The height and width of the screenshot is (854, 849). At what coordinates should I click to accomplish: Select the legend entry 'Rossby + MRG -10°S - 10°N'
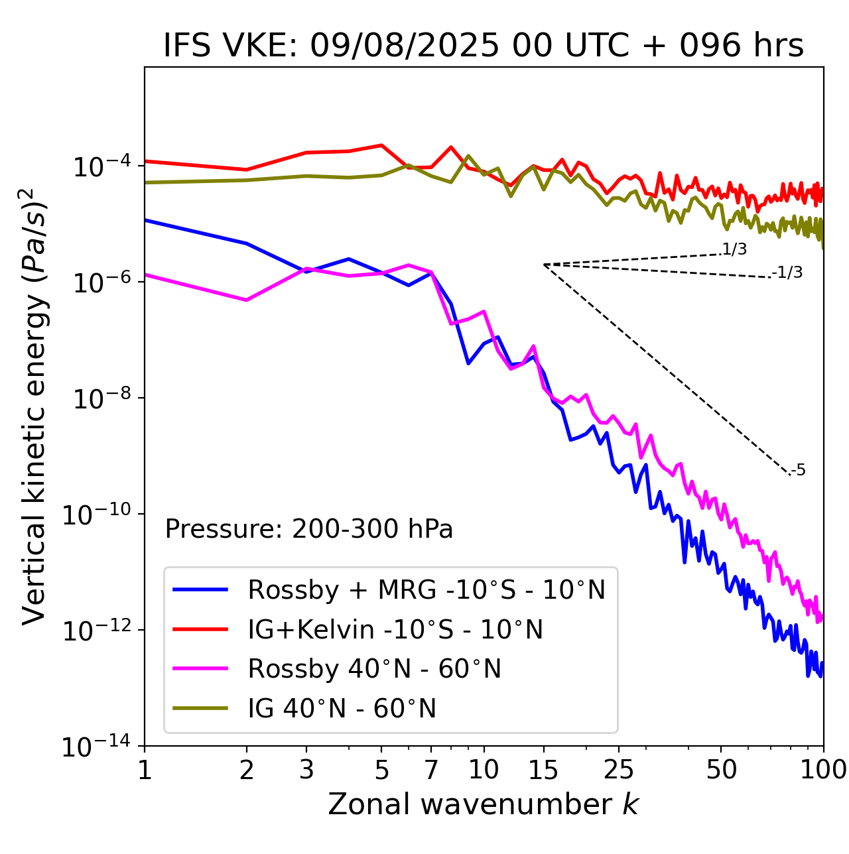[426, 589]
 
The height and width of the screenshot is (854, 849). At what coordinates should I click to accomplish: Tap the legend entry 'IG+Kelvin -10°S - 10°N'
[395, 629]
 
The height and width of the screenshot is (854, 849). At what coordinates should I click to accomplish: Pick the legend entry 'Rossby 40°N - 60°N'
[374, 669]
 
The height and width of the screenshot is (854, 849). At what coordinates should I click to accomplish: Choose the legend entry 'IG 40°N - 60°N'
[342, 709]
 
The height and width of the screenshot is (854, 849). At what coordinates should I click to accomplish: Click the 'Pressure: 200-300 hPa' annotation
[309, 529]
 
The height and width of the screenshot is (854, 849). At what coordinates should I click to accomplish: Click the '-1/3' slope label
[788, 272]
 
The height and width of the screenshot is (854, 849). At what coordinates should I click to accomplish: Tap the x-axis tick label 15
[543, 769]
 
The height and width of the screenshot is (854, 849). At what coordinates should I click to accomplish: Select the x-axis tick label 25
[619, 769]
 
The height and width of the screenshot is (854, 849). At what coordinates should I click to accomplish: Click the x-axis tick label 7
[431, 769]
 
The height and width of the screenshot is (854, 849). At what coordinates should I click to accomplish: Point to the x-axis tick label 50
[721, 769]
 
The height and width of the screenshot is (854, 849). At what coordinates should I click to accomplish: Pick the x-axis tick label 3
[306, 769]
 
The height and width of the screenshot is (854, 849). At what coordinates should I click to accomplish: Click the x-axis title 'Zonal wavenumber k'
[483, 804]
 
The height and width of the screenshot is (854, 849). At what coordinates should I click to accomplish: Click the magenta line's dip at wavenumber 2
[247, 300]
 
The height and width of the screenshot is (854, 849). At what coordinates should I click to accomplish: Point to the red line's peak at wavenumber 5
[381, 145]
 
